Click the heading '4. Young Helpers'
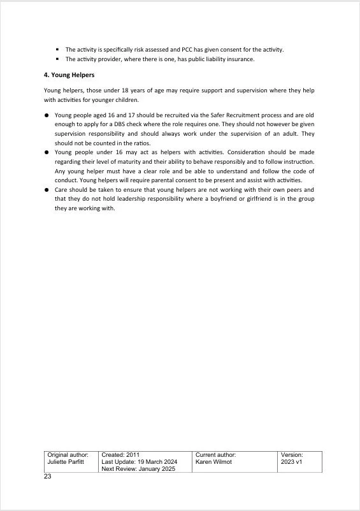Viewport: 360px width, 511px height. tap(69, 75)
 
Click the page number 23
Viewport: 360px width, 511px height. tap(48, 477)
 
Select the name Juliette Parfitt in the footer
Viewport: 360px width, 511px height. tap(66, 461)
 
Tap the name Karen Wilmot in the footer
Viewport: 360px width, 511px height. tap(214, 461)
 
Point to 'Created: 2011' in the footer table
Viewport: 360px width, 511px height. tap(119, 454)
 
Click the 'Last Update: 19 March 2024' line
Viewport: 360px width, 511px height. tap(138, 461)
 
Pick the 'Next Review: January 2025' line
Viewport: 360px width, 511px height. tap(136, 468)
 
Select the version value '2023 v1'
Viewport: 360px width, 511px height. tap(292, 461)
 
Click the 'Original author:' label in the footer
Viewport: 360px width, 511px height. tap(68, 454)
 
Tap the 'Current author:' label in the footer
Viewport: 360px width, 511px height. tap(216, 454)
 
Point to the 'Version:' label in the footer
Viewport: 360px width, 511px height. tap(292, 454)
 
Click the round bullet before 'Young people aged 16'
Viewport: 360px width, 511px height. tap(47, 115)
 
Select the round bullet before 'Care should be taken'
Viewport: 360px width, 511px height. tap(47, 190)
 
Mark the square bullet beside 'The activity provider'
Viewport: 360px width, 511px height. tap(57, 59)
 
